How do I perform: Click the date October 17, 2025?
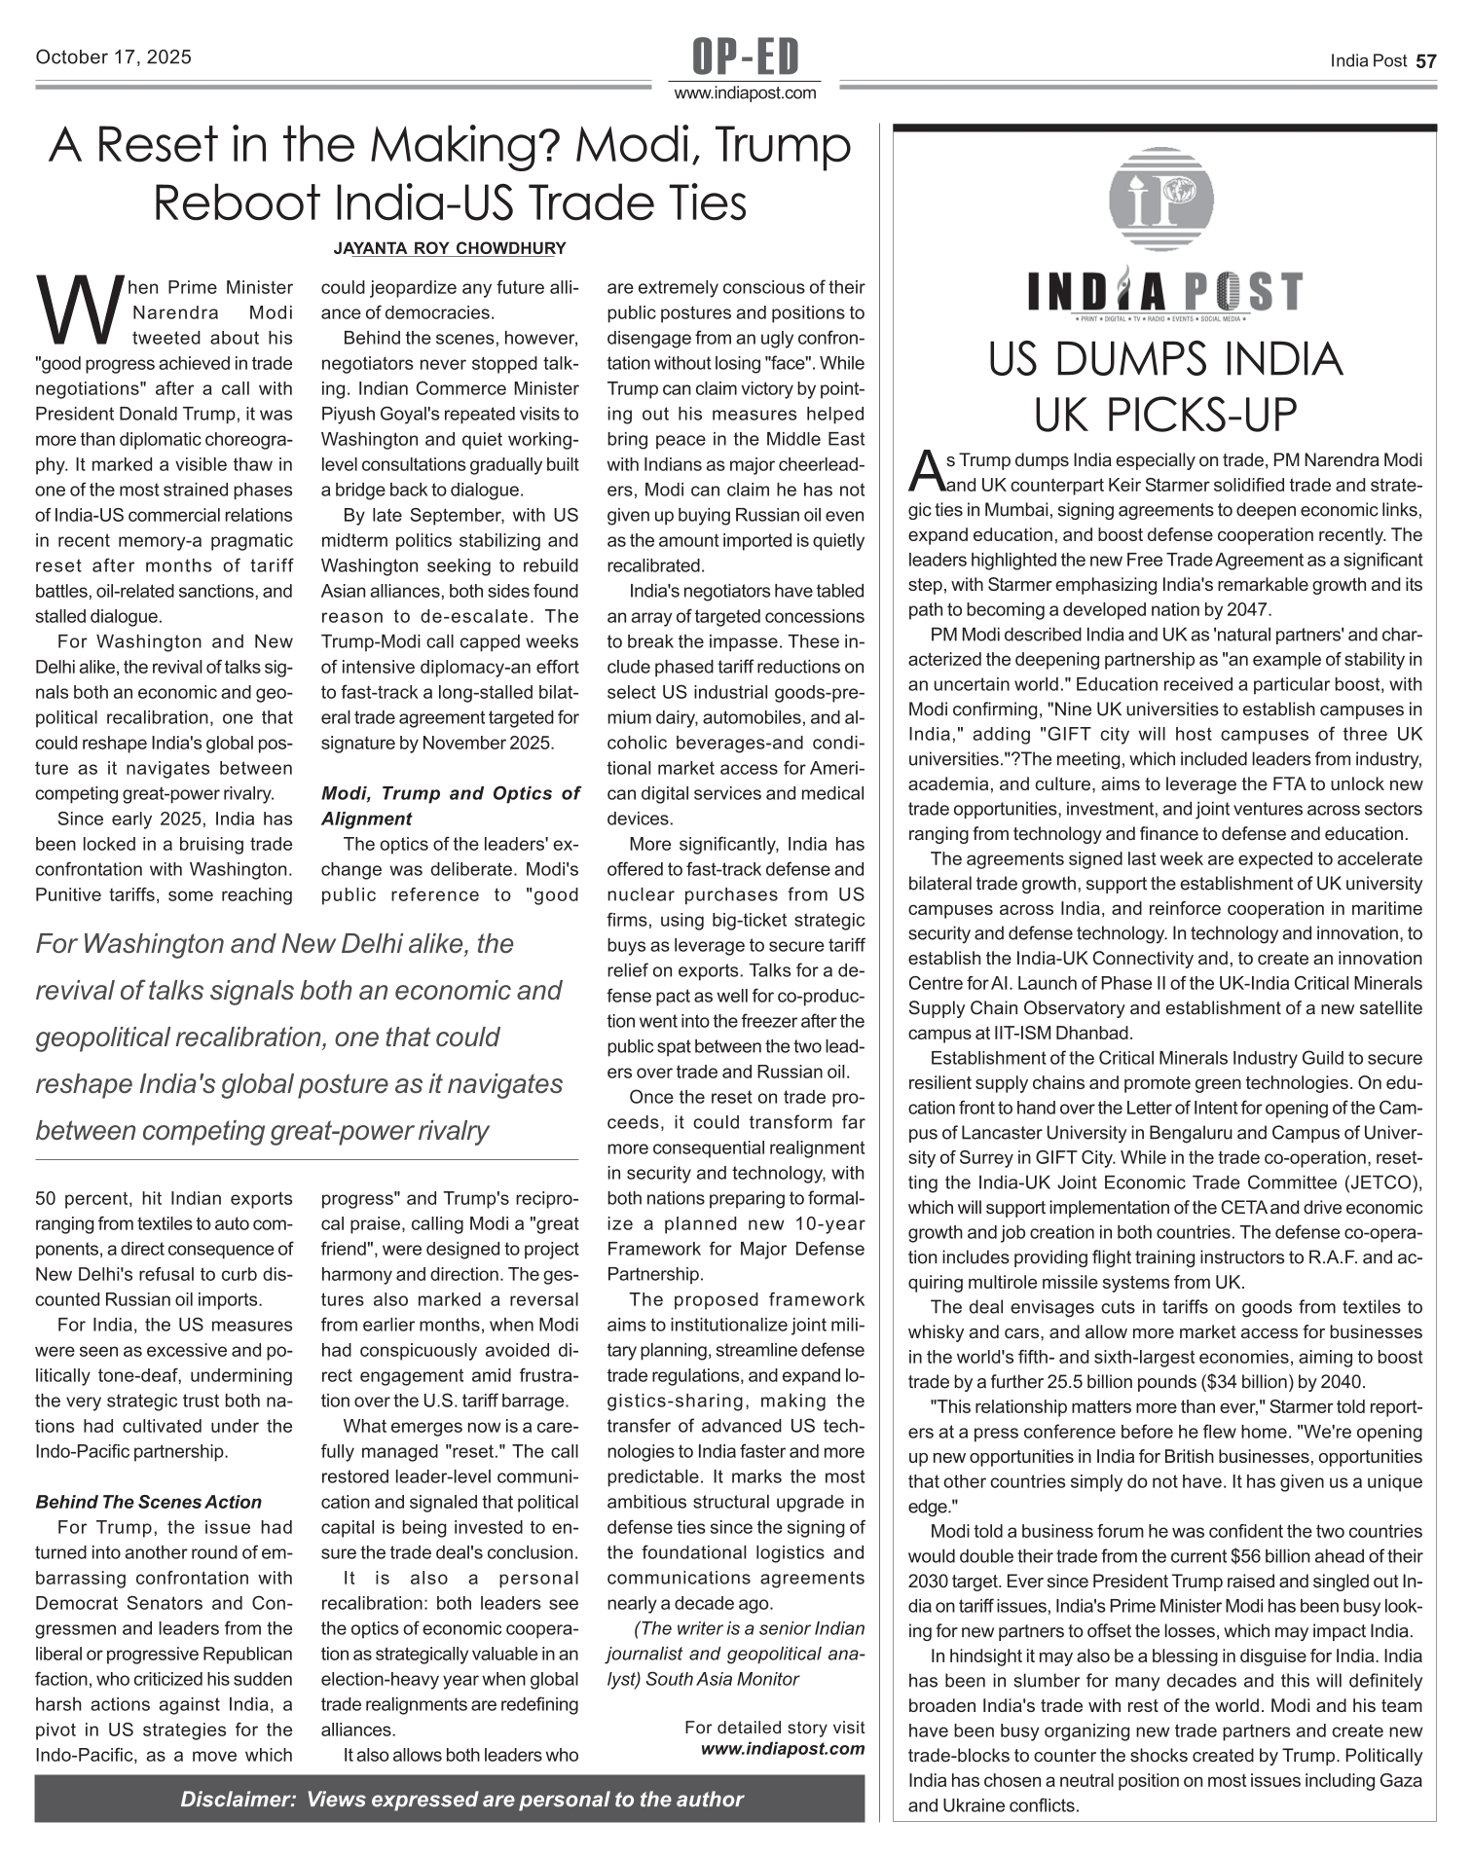pyautogui.click(x=113, y=57)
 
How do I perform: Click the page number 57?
pyautogui.click(x=1425, y=61)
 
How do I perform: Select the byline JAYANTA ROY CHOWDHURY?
pyautogui.click(x=449, y=248)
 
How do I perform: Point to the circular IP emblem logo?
pyautogui.click(x=1161, y=199)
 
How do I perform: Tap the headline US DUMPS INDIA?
pyautogui.click(x=1164, y=360)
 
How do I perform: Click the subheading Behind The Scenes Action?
pyautogui.click(x=148, y=1502)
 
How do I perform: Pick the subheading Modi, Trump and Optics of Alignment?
pyautogui.click(x=450, y=806)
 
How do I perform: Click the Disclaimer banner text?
pyautogui.click(x=461, y=1799)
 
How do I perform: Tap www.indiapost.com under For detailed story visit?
pyautogui.click(x=783, y=1748)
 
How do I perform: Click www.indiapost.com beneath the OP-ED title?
pyautogui.click(x=745, y=93)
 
